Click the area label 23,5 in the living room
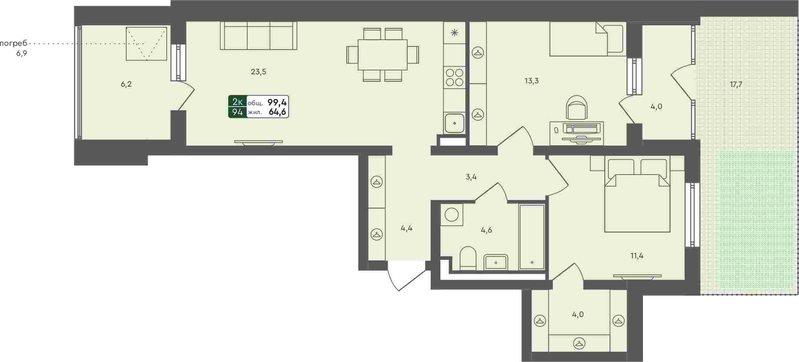pos(258,72)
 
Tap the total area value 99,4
pos(277,103)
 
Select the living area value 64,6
pos(277,112)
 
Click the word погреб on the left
pos(14,43)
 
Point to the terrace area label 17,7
pos(736,85)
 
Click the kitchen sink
pos(454,123)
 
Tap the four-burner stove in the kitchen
pos(454,77)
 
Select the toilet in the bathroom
pos(468,258)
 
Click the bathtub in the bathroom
pos(532,237)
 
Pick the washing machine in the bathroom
pos(451,214)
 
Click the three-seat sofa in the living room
pos(258,35)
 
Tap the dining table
pos(383,54)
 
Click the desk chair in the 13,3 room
pos(577,107)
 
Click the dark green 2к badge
pos(237,102)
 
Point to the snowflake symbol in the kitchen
pos(454,32)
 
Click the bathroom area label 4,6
pos(486,230)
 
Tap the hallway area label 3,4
pos(471,177)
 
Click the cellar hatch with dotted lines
pos(146,44)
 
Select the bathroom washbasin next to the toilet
pos(496,262)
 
